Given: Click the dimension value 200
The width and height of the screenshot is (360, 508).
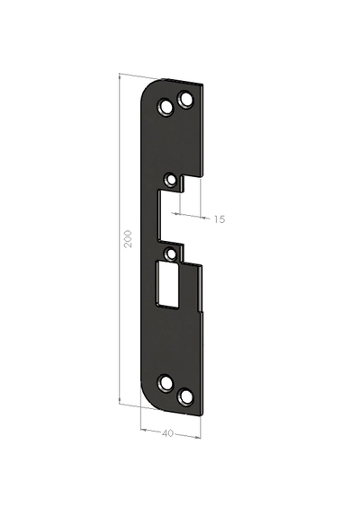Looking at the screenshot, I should [128, 239].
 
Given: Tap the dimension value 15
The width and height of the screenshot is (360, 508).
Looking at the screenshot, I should [220, 218].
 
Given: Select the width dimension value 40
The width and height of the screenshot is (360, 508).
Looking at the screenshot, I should [167, 433].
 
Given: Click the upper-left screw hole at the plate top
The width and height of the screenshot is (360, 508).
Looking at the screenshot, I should [166, 107].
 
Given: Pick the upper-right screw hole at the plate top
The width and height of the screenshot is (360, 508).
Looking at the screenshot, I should [186, 98].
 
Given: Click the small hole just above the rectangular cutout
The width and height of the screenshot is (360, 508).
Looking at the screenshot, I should [171, 254].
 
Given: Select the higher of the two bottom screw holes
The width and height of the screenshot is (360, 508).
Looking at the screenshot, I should [166, 384].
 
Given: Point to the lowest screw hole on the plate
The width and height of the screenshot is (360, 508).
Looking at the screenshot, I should [186, 396].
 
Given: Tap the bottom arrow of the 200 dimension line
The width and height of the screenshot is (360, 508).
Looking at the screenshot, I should [121, 401].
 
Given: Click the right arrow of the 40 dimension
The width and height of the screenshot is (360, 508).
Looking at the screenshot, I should [199, 436].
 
